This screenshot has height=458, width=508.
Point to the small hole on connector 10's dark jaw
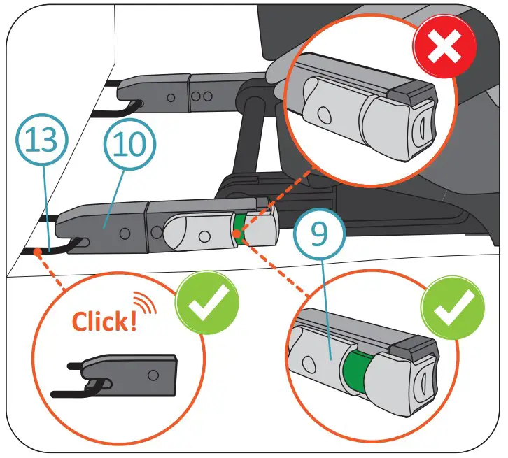click(123, 231)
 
